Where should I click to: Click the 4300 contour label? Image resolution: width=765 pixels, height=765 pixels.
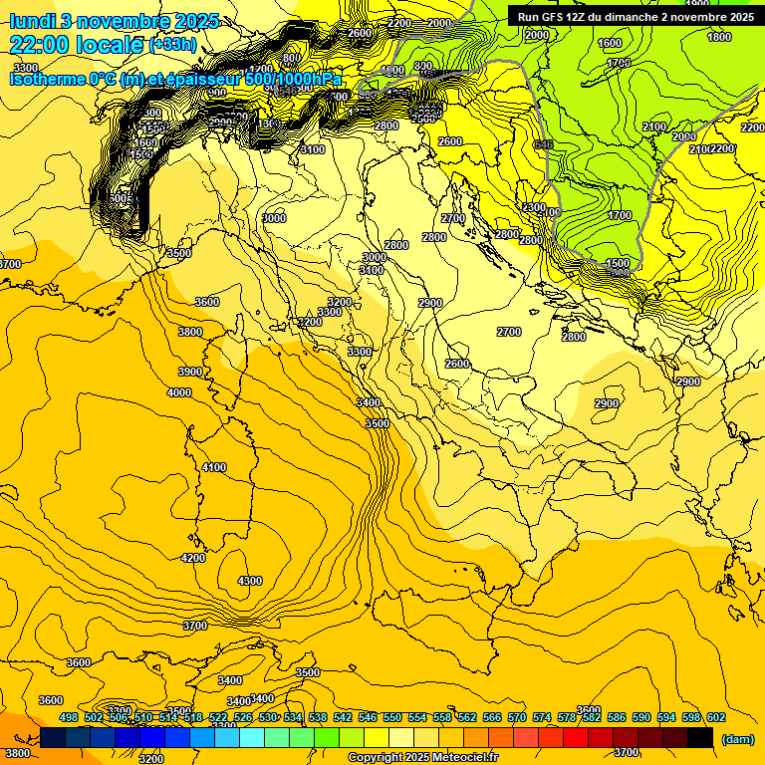point(250,581)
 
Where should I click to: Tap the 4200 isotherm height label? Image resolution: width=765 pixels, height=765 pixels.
point(193,558)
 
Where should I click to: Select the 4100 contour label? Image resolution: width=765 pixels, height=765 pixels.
point(214,467)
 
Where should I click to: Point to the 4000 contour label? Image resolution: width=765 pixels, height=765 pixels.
point(179,393)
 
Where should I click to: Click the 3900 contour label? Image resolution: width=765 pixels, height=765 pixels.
point(189,372)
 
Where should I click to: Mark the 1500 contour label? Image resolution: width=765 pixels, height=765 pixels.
point(618,264)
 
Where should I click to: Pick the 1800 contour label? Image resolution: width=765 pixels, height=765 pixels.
point(718,37)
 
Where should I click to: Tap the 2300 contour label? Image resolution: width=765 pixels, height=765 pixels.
point(533,207)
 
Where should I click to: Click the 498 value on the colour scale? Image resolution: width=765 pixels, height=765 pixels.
point(69,717)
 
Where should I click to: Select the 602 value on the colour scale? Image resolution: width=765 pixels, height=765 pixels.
point(716,717)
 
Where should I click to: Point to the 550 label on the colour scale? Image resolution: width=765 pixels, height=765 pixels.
point(392,717)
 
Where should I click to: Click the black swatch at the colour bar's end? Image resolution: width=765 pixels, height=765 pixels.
point(700,737)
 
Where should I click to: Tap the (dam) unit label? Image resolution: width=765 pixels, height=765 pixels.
point(737,738)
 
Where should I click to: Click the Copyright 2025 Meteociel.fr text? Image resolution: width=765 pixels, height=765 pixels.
point(422,758)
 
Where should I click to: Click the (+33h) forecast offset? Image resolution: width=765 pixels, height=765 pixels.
point(172,45)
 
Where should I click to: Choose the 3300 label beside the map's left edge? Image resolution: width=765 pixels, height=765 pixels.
point(25,68)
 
